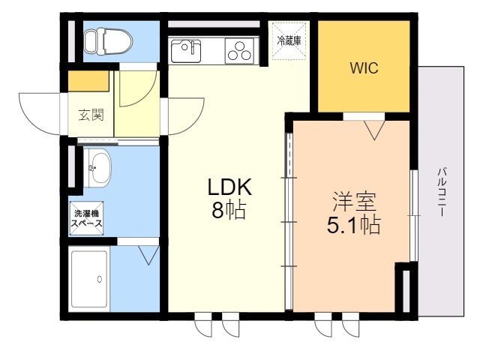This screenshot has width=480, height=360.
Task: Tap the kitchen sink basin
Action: click(184, 52)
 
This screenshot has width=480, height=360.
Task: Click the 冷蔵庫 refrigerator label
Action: click(289, 41)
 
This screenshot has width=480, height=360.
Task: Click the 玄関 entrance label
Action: click(91, 115)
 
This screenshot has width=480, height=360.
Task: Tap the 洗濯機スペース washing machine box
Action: click(87, 218)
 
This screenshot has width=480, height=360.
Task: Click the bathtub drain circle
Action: click(99, 279)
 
